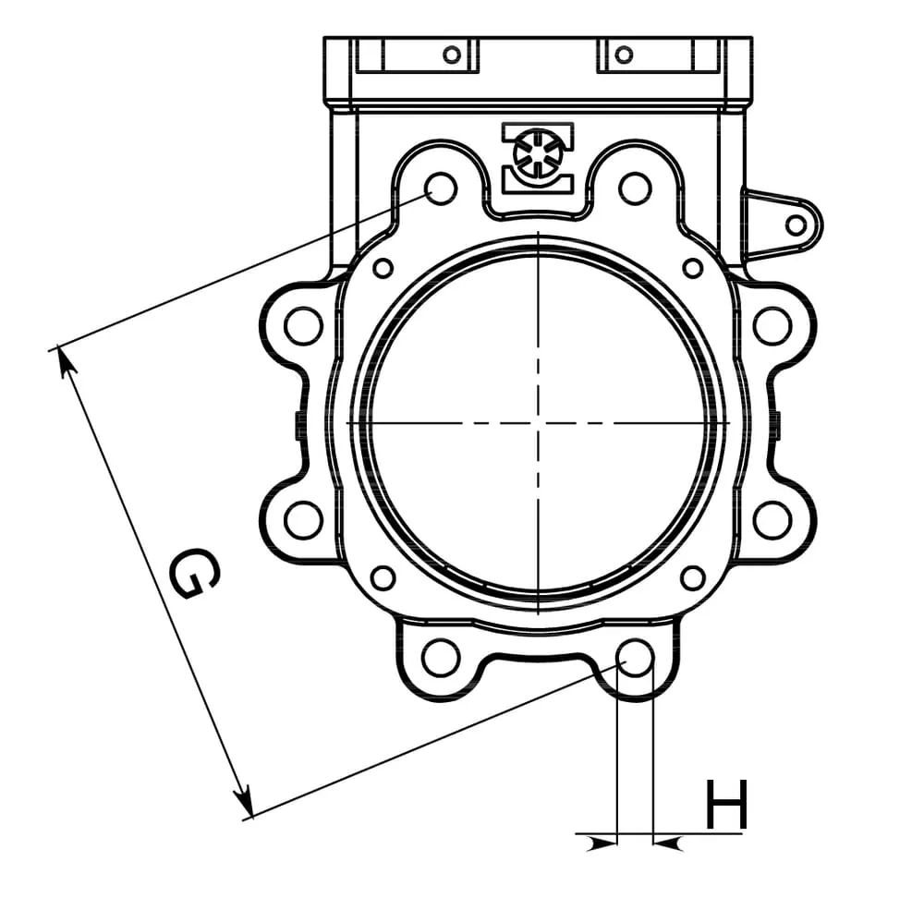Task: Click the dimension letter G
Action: pos(196,574)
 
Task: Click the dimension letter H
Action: pos(726,806)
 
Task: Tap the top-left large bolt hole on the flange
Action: pos(442,188)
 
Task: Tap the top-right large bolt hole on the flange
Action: pos(635,188)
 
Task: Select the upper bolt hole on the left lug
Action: pos(303,326)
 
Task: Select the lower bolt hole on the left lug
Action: pos(303,519)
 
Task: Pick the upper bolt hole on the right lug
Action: pos(772,326)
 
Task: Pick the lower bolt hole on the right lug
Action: pos(772,519)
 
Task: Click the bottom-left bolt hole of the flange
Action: pos(441,657)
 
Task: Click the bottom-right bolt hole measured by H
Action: pos(636,657)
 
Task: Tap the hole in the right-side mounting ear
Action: pos(796,224)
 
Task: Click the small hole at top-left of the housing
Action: pos(452,55)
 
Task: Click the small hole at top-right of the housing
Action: pos(624,55)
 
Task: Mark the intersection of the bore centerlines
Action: pos(538,423)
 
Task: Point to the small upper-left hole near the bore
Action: pos(383,269)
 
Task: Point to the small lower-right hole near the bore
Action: pos(693,578)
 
